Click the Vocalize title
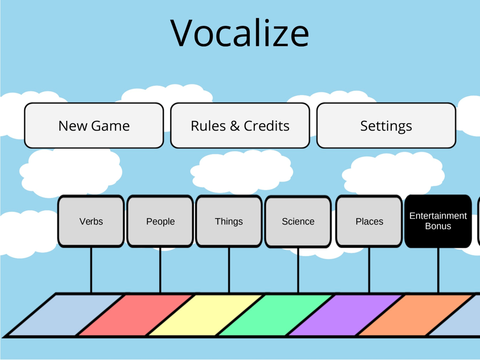click(240, 33)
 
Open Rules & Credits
click(240, 125)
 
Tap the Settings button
click(386, 125)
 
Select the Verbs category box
click(91, 221)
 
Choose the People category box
click(160, 221)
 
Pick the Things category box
click(228, 221)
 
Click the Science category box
click(298, 222)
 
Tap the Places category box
click(369, 221)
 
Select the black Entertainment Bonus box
click(438, 221)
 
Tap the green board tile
click(275, 315)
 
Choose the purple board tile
click(345, 315)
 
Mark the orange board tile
click(415, 315)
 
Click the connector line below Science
click(298, 270)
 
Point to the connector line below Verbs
click(91, 270)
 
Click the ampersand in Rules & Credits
click(235, 126)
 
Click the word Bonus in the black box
click(438, 226)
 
